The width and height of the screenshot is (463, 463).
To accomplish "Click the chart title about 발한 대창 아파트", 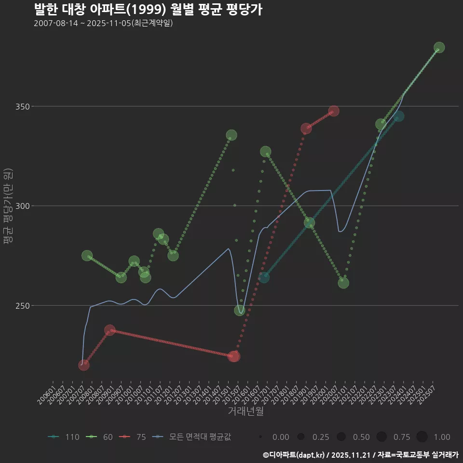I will (148, 10).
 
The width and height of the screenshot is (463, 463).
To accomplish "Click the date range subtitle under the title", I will (103, 24).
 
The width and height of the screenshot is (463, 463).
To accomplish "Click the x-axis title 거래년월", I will (245, 411).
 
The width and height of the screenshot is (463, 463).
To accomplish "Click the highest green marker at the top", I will (439, 48).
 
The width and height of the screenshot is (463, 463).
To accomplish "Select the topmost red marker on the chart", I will (334, 111).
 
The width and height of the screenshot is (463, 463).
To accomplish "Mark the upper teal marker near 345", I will (399, 116).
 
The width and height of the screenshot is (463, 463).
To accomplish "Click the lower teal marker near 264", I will (264, 277).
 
